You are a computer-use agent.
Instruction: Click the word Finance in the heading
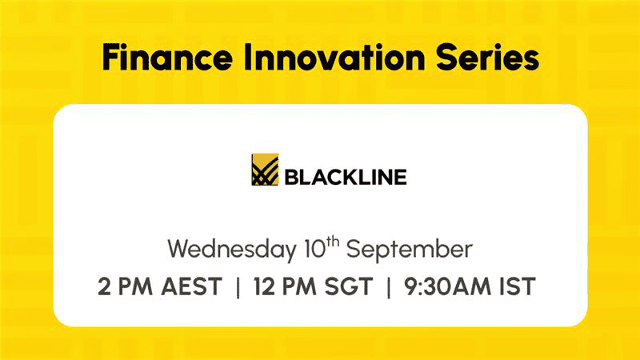point(167,57)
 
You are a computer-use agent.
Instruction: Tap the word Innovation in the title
point(334,57)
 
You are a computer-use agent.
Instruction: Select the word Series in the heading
point(487,57)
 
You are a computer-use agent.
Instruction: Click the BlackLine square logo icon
point(265,170)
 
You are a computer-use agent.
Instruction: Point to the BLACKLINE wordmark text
point(346,177)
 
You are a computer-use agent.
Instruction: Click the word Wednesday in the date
point(232,249)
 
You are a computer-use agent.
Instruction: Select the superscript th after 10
point(333,242)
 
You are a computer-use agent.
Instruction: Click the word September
point(410,250)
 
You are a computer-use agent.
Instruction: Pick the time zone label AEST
point(191,286)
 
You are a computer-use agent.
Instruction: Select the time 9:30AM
point(448,286)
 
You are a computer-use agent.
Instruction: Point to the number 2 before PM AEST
point(104,286)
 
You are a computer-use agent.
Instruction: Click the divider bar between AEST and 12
point(238,287)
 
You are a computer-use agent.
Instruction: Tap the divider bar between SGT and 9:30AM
point(388,287)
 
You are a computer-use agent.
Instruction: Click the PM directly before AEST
point(135,286)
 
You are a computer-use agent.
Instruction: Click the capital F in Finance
point(110,57)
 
